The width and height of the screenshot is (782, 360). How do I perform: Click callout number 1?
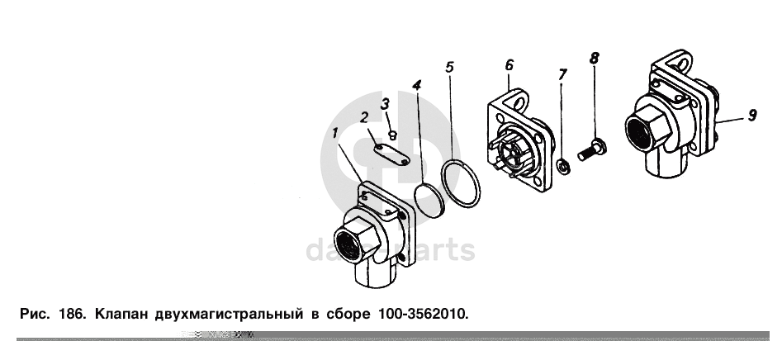(335, 133)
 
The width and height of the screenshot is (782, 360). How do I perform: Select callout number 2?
(364, 118)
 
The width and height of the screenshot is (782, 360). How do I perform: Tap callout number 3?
(385, 104)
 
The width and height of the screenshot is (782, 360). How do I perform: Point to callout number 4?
(416, 85)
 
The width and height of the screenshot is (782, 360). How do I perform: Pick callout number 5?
(450, 66)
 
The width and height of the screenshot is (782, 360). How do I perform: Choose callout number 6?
(509, 65)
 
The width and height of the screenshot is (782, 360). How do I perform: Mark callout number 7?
(562, 75)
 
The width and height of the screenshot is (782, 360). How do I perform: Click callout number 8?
(594, 58)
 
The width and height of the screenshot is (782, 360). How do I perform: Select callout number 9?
(752, 115)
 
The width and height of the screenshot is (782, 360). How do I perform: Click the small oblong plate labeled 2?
(392, 154)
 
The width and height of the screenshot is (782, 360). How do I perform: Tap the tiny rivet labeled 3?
(392, 135)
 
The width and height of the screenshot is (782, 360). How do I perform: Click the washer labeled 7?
(564, 166)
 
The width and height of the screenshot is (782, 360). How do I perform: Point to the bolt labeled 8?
(592, 150)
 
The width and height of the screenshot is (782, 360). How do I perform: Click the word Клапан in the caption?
(121, 314)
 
